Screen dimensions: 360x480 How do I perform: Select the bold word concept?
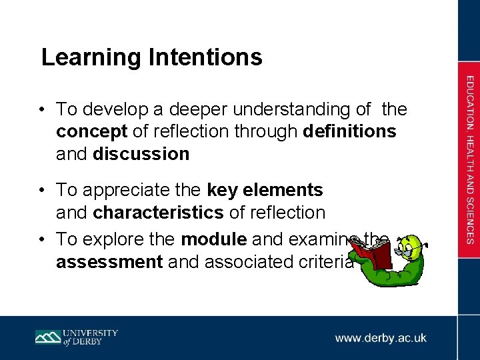(91, 131)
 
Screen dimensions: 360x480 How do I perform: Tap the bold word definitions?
(349, 131)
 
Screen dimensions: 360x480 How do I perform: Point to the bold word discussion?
(141, 154)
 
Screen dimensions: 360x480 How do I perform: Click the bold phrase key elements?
(265, 190)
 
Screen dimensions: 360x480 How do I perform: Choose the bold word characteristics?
(159, 213)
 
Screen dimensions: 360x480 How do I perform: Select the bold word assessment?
(110, 262)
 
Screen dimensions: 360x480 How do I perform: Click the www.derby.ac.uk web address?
(381, 338)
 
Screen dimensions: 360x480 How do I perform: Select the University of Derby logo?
(77, 337)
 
